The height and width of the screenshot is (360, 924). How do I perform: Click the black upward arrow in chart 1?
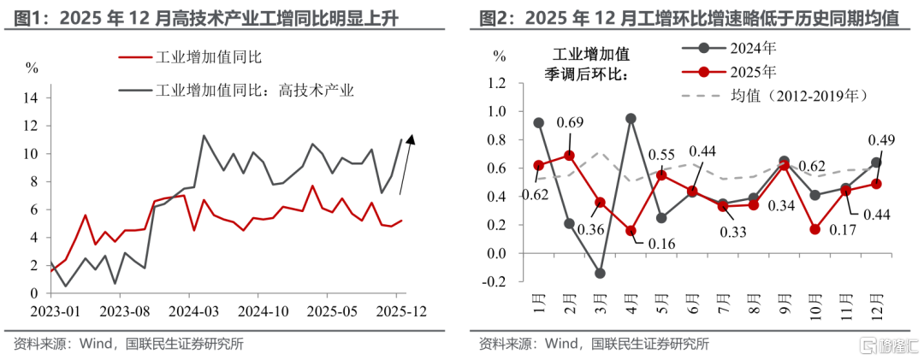[407, 164]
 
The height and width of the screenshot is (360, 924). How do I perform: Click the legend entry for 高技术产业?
[236, 90]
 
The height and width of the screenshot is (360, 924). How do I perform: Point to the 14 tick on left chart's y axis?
[33, 97]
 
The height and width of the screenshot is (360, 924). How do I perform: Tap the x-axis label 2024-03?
[188, 310]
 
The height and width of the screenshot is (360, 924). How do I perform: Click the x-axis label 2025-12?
[397, 310]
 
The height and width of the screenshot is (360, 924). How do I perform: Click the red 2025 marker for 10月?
[815, 229]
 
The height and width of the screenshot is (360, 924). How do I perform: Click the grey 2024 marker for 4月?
[631, 118]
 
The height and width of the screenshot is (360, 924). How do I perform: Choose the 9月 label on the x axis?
[783, 305]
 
